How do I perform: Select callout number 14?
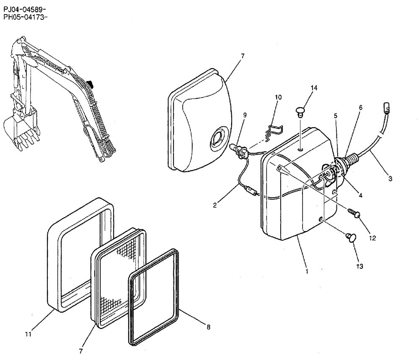pos(314,88)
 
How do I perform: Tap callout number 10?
pos(278,98)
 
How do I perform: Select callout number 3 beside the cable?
pos(390,179)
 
